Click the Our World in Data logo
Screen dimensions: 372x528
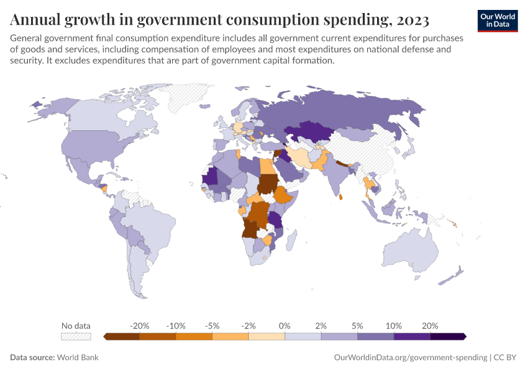tap(498, 20)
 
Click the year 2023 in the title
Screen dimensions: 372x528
tap(411, 20)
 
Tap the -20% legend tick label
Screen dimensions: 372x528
tap(140, 325)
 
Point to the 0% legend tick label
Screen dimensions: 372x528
tap(285, 325)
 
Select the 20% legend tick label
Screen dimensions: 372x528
tap(430, 325)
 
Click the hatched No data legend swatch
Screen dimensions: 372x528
tap(76, 337)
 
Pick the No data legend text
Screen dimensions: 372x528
tap(76, 325)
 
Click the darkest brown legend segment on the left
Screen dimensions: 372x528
tap(122, 337)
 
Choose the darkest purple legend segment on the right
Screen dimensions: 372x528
tap(448, 337)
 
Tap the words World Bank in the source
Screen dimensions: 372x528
tap(78, 358)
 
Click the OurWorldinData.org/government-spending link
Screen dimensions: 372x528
tap(411, 358)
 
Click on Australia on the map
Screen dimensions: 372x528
tap(409, 254)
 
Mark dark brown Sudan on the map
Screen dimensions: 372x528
tap(268, 184)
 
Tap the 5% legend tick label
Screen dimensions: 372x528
tap(357, 325)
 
